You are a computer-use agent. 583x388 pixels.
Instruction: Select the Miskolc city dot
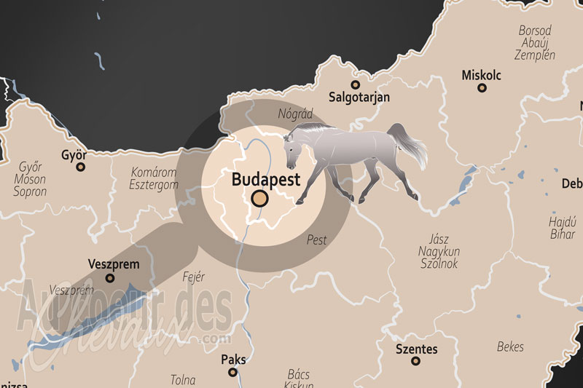click(x=481, y=88)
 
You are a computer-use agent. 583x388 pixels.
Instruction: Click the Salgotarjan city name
click(x=359, y=97)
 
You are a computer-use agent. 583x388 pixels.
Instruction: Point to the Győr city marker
click(x=80, y=167)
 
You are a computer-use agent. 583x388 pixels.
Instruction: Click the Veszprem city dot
click(x=110, y=277)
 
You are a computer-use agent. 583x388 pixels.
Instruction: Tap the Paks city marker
click(x=232, y=372)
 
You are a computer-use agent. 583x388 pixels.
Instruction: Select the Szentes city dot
click(x=416, y=362)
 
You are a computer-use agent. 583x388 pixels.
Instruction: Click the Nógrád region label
click(x=295, y=114)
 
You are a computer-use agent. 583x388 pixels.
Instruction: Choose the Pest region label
click(x=317, y=239)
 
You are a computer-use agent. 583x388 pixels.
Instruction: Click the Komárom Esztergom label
click(x=154, y=179)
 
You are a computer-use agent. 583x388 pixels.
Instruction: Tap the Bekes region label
click(x=510, y=347)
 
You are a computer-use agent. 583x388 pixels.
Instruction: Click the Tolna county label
click(x=182, y=379)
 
